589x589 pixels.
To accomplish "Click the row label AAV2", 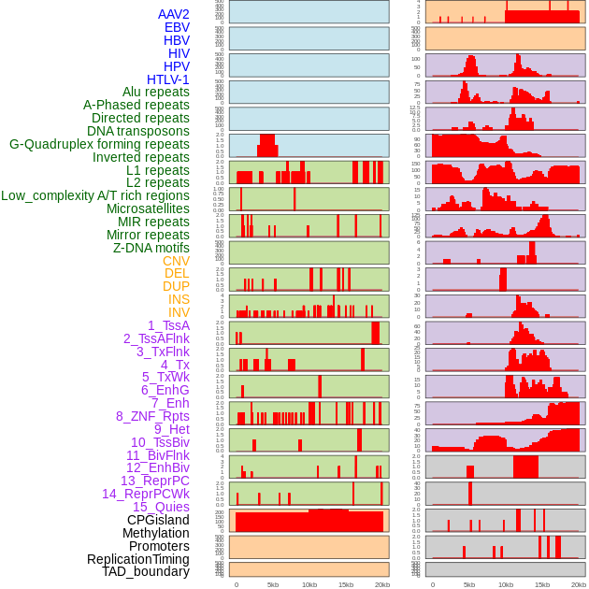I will [174, 14].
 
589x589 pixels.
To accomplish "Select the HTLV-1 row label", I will [168, 79].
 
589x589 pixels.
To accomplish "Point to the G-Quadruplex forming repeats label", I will [99, 144].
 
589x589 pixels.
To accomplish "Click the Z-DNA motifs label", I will [151, 248].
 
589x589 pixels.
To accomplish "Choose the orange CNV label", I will [176, 261].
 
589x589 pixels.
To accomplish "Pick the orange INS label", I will [179, 299].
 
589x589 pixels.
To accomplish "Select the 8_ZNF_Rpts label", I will [152, 416].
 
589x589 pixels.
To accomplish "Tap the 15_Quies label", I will [161, 507].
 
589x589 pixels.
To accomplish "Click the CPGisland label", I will [158, 520].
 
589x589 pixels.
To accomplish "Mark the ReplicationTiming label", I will [138, 559].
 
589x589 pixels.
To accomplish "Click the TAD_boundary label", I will [146, 571].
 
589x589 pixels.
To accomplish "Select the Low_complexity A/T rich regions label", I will [95, 195].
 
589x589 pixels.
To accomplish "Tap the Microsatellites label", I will [148, 208].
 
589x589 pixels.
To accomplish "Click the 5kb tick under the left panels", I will [273, 584].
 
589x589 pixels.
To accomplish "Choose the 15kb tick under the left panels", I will [346, 584].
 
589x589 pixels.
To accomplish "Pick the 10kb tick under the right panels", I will [506, 584].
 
